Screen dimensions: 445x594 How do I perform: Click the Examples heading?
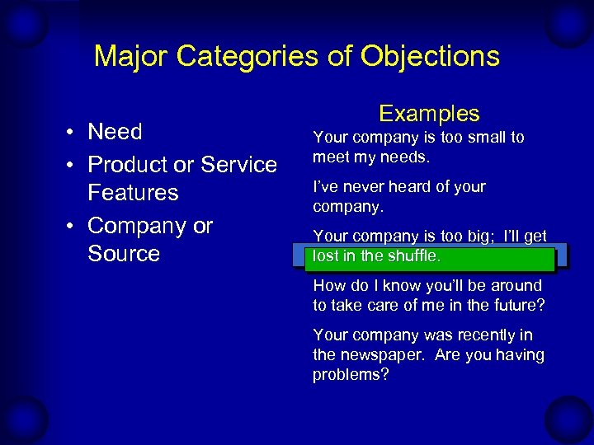point(429,114)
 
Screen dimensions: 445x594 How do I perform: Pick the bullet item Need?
point(115,132)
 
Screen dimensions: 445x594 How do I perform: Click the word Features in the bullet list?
point(133,193)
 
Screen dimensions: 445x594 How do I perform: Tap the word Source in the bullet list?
point(123,254)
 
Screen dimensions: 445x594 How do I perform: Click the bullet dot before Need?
point(73,133)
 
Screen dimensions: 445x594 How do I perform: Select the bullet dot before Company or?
point(73,227)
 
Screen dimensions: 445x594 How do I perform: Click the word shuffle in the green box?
point(415,256)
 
